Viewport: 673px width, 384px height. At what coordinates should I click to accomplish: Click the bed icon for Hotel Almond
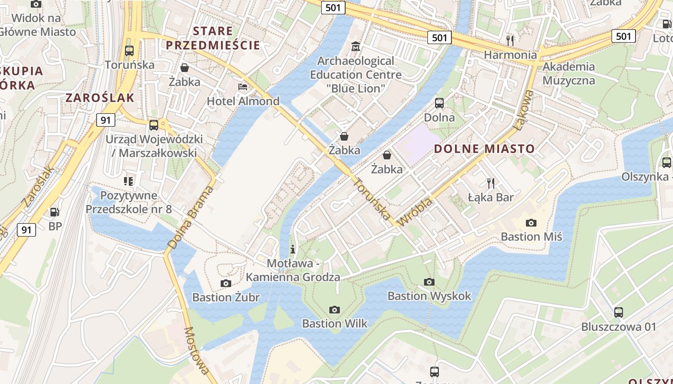click(x=243, y=87)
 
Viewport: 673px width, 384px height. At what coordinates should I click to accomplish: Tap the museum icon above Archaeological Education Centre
click(x=356, y=47)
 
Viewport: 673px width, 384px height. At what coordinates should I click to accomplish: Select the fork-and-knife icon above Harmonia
click(x=510, y=40)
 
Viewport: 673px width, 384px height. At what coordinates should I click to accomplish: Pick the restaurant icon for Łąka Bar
click(x=491, y=183)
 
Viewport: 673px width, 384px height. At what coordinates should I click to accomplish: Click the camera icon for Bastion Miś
click(x=531, y=223)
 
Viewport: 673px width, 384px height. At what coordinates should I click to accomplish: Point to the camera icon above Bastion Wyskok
click(x=429, y=282)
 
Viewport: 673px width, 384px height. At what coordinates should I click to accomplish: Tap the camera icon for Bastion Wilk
click(x=335, y=310)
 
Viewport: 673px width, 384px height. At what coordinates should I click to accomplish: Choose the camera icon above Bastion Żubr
click(x=225, y=283)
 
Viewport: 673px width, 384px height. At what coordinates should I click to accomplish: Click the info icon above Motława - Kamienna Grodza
click(x=293, y=249)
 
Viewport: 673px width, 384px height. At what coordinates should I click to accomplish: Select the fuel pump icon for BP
click(x=55, y=212)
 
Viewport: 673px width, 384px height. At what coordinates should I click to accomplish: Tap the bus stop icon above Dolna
click(x=439, y=103)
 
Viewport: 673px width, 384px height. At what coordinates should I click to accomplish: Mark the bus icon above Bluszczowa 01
click(x=619, y=312)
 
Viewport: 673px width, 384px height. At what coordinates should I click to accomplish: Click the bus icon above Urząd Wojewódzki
click(x=154, y=125)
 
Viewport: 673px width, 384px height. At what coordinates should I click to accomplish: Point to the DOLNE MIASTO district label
click(x=484, y=149)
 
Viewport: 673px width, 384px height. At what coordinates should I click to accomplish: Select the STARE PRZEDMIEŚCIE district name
click(x=212, y=38)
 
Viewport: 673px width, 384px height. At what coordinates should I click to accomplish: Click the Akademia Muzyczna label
click(x=569, y=73)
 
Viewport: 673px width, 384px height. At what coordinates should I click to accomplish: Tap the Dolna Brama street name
click(x=190, y=217)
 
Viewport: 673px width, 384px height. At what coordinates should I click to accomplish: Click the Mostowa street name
click(x=197, y=350)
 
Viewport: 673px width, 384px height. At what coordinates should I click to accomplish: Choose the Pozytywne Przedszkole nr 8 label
click(x=128, y=202)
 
